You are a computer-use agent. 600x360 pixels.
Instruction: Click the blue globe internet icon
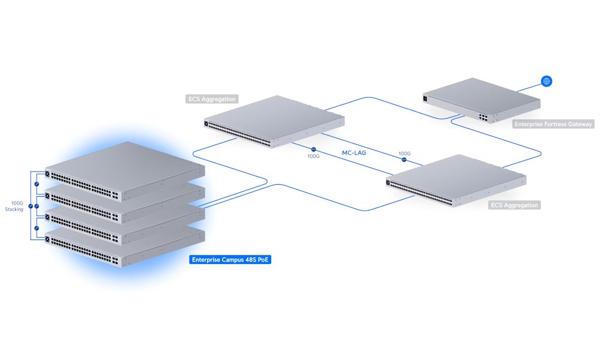click(546, 81)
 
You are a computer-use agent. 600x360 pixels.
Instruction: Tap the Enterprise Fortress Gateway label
click(553, 124)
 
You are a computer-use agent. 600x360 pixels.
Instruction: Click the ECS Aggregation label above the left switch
click(212, 99)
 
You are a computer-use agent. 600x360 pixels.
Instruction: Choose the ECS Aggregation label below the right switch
click(514, 205)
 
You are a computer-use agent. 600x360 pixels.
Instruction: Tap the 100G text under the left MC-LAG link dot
click(313, 156)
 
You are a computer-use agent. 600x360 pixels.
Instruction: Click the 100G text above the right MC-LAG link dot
click(404, 154)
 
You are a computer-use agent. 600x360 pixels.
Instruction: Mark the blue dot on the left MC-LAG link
click(313, 148)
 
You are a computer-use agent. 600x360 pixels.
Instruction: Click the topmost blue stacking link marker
click(37, 184)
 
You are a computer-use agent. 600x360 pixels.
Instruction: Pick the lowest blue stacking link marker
click(37, 229)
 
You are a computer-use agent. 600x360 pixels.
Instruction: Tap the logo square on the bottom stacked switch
click(47, 239)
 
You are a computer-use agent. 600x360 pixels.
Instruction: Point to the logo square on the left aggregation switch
click(208, 124)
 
